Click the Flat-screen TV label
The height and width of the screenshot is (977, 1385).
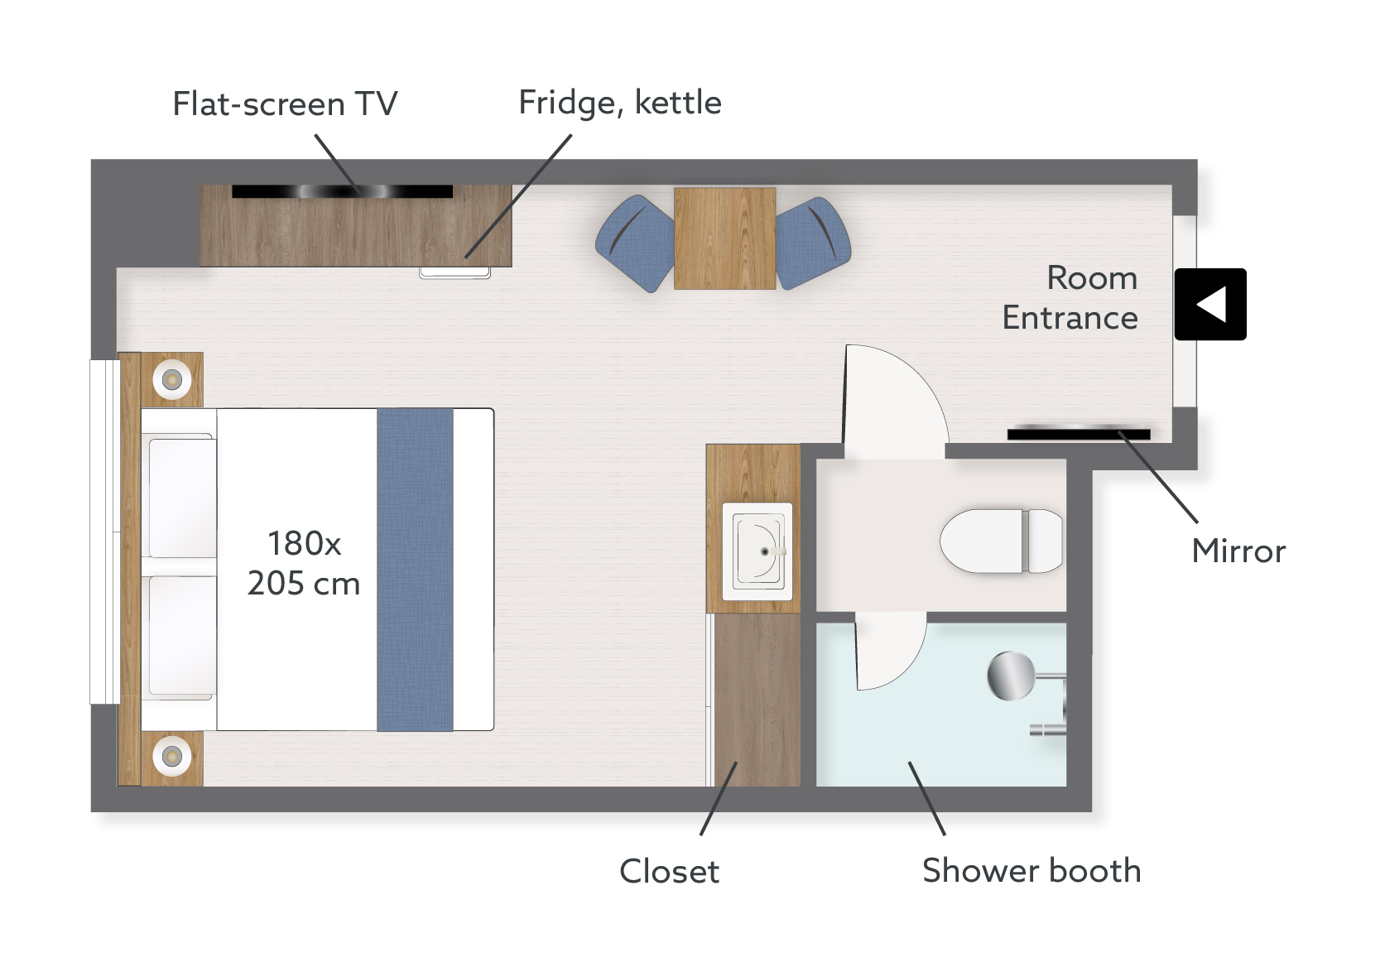pyautogui.click(x=285, y=103)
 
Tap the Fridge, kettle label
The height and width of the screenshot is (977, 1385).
pyautogui.click(x=620, y=103)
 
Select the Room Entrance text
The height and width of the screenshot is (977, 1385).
pyautogui.click(x=1070, y=297)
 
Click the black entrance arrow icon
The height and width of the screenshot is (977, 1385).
pyautogui.click(x=1209, y=304)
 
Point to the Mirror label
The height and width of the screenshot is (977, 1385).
pyautogui.click(x=1238, y=551)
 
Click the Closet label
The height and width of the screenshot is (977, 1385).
pyautogui.click(x=669, y=871)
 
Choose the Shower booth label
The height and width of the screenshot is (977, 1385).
pyautogui.click(x=1032, y=870)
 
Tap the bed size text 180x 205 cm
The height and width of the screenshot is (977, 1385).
pyautogui.click(x=304, y=563)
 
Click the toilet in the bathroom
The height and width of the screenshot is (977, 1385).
pyautogui.click(x=1001, y=541)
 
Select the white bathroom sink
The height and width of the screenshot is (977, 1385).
pyautogui.click(x=757, y=551)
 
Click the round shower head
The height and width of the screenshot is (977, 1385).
pyautogui.click(x=1011, y=676)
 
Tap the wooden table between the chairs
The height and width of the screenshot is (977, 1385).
pyautogui.click(x=724, y=238)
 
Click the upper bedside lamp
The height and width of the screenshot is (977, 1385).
pyautogui.click(x=172, y=380)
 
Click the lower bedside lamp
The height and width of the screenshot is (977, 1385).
pyautogui.click(x=172, y=756)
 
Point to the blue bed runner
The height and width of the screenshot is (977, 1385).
pyautogui.click(x=415, y=570)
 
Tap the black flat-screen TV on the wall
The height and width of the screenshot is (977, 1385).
pyautogui.click(x=342, y=191)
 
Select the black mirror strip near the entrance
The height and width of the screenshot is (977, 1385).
pyautogui.click(x=1079, y=433)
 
